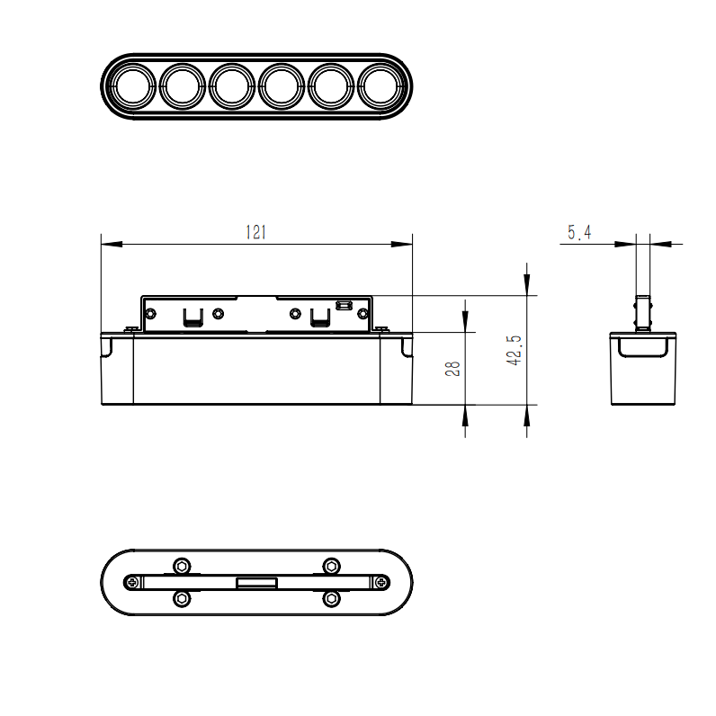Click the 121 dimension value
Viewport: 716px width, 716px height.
click(x=255, y=232)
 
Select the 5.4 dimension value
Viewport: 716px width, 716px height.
click(x=579, y=232)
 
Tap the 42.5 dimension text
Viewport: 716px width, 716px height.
click(x=515, y=350)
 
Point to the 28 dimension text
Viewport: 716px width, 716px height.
click(x=452, y=369)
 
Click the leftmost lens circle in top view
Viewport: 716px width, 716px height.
click(x=132, y=86)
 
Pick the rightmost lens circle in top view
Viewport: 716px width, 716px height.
click(x=380, y=86)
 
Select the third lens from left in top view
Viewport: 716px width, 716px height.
click(x=231, y=86)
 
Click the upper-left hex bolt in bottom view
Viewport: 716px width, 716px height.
click(x=183, y=567)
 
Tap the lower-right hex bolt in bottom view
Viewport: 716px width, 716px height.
click(x=331, y=598)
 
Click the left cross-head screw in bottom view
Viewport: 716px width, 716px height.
click(x=132, y=582)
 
